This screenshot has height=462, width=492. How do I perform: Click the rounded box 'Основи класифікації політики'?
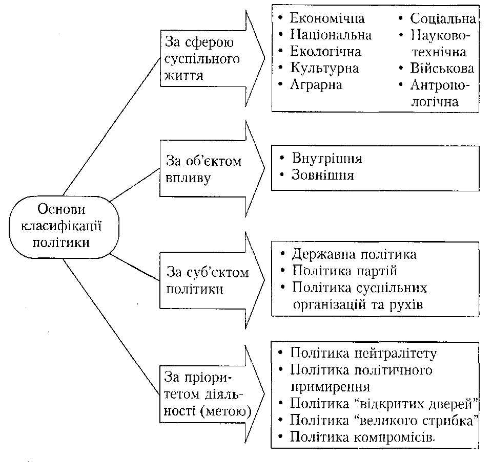click(x=64, y=227)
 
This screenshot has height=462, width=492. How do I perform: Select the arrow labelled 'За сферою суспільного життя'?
click(x=212, y=58)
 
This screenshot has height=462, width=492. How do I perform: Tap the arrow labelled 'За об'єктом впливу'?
click(x=212, y=168)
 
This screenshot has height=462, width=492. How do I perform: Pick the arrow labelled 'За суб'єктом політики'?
click(x=212, y=280)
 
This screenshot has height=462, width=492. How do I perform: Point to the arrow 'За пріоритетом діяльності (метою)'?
click(x=212, y=394)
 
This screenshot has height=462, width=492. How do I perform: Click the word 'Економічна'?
click(x=327, y=18)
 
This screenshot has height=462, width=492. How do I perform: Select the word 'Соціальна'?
click(x=443, y=19)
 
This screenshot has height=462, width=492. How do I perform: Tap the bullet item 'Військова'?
click(x=442, y=68)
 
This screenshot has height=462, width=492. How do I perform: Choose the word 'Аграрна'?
click(x=316, y=85)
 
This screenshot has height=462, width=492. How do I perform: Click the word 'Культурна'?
click(x=324, y=68)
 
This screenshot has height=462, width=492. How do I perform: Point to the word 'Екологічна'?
click(x=325, y=51)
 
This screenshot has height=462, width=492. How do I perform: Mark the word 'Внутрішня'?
click(x=327, y=159)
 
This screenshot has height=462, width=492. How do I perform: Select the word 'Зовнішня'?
click(x=323, y=175)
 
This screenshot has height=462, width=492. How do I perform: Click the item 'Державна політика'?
click(x=354, y=254)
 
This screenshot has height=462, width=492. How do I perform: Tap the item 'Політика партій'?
click(x=344, y=271)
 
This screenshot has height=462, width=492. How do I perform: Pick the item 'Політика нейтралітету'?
click(x=363, y=353)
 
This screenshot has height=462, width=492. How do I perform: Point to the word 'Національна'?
click(x=331, y=35)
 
